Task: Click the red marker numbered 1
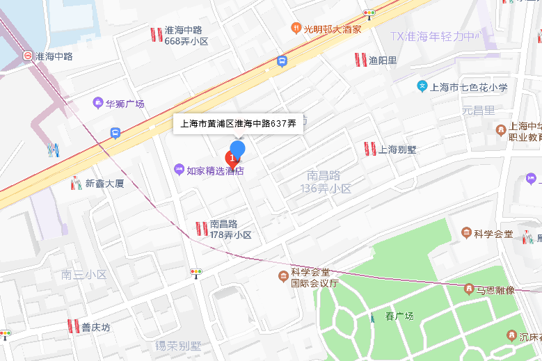click(232, 158)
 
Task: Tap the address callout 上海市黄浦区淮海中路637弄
click(238, 124)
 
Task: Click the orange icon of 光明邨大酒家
click(296, 29)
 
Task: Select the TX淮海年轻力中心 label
click(435, 36)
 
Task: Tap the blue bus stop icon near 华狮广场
click(115, 132)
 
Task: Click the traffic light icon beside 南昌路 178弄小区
click(196, 272)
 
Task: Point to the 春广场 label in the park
click(399, 316)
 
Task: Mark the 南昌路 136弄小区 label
click(326, 182)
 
